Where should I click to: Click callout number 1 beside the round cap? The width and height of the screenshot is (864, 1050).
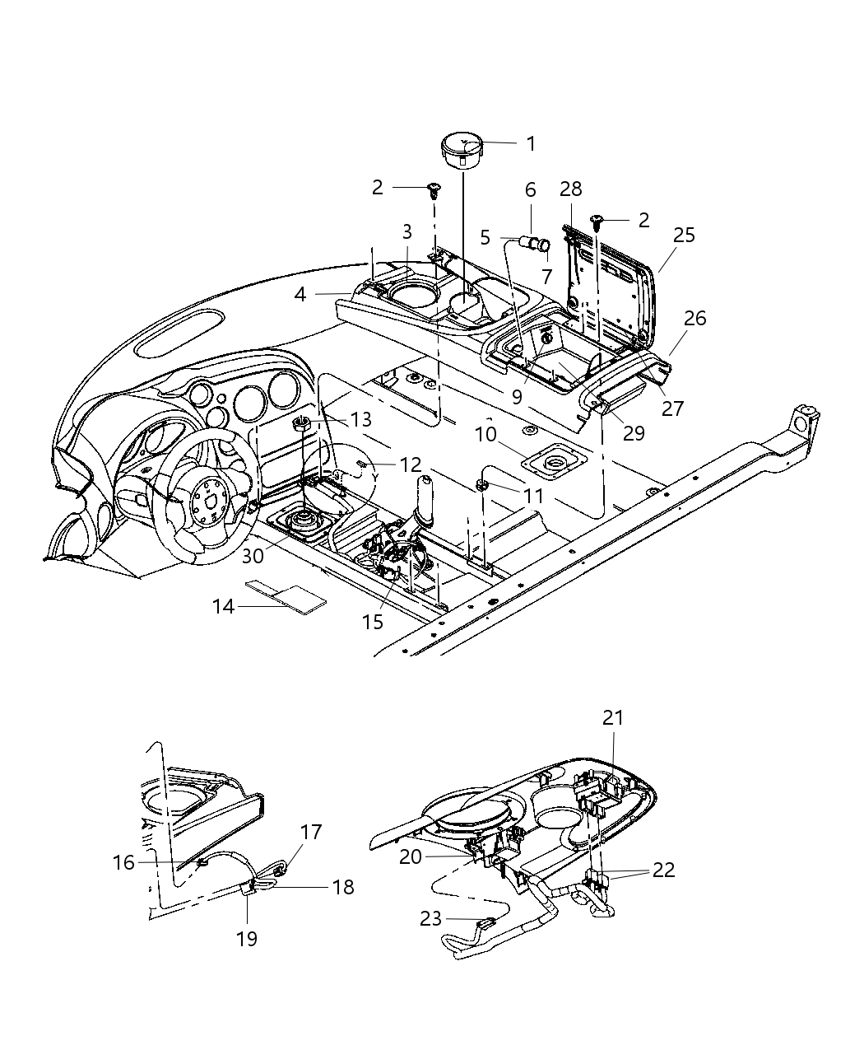click(531, 143)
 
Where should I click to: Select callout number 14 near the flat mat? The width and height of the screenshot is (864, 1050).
click(223, 607)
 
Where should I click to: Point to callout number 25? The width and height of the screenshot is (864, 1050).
click(684, 235)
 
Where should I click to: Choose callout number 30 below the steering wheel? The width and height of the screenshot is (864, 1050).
click(253, 556)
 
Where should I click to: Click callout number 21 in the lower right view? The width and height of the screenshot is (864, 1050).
click(613, 718)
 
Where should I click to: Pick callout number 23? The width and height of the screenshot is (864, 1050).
click(430, 918)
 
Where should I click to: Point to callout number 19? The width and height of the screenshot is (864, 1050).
click(247, 938)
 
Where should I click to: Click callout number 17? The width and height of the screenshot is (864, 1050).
click(310, 832)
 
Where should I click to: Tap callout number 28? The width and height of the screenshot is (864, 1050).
click(571, 189)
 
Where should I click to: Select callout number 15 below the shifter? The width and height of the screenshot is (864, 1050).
click(373, 622)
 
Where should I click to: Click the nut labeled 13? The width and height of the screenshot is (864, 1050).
click(301, 424)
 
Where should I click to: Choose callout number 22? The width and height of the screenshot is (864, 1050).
click(663, 870)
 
